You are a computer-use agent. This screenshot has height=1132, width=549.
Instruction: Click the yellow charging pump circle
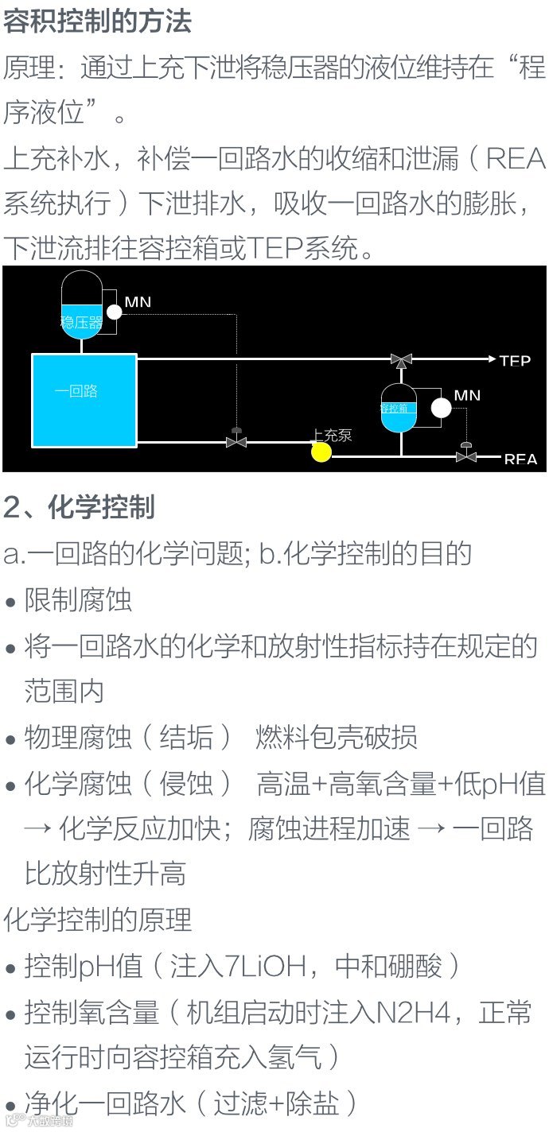pyautogui.click(x=321, y=452)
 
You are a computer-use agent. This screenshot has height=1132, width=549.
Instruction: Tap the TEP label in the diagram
pyautogui.click(x=515, y=361)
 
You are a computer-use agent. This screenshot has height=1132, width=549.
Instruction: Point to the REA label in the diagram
pyautogui.click(x=520, y=459)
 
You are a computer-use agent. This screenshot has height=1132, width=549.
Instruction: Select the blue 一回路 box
pyautogui.click(x=84, y=400)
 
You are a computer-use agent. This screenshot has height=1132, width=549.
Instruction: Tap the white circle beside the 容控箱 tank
pyautogui.click(x=440, y=408)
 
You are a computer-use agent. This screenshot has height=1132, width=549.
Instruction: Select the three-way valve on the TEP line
pyautogui.click(x=400, y=360)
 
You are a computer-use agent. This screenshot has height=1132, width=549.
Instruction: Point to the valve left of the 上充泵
pyautogui.click(x=236, y=440)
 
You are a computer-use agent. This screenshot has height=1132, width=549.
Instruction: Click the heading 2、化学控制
pyautogui.click(x=79, y=506)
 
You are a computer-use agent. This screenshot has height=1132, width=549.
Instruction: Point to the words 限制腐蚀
pyautogui.click(x=78, y=599)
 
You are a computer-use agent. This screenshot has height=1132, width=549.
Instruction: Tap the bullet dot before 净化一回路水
pyautogui.click(x=10, y=1106)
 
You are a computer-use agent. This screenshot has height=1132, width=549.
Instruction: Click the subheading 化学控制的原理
pyautogui.click(x=98, y=921)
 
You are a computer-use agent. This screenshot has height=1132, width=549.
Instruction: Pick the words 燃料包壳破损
pyautogui.click(x=337, y=738)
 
